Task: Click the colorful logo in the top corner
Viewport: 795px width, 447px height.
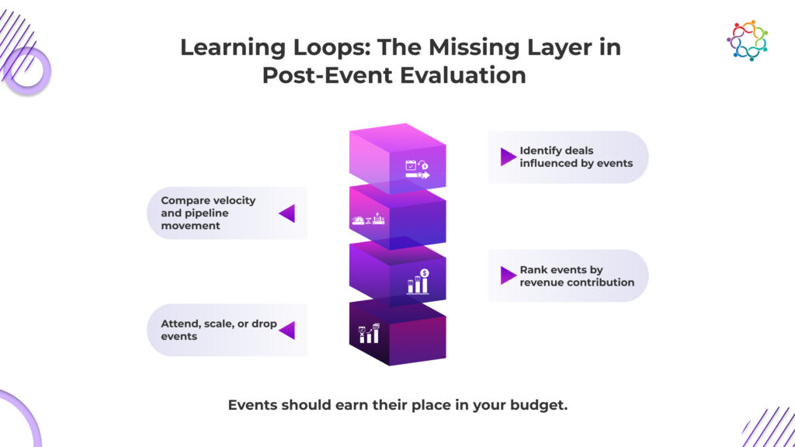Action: pyautogui.click(x=747, y=40)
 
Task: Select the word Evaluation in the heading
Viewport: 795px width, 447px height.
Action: pyautogui.click(x=463, y=75)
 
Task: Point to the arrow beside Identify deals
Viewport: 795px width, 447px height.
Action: pyautogui.click(x=508, y=157)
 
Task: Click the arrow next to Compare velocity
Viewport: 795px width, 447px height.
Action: pyautogui.click(x=287, y=213)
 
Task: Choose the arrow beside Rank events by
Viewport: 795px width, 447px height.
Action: pyautogui.click(x=508, y=275)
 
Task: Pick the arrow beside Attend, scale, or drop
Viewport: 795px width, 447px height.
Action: pyautogui.click(x=287, y=330)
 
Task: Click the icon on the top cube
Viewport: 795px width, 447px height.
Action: pyautogui.click(x=417, y=168)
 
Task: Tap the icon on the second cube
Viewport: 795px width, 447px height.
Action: pyautogui.click(x=368, y=219)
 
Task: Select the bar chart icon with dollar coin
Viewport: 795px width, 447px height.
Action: pyautogui.click(x=418, y=281)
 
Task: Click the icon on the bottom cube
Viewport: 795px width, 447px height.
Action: pyautogui.click(x=369, y=334)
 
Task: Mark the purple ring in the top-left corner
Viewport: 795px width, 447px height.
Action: pyautogui.click(x=29, y=71)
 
